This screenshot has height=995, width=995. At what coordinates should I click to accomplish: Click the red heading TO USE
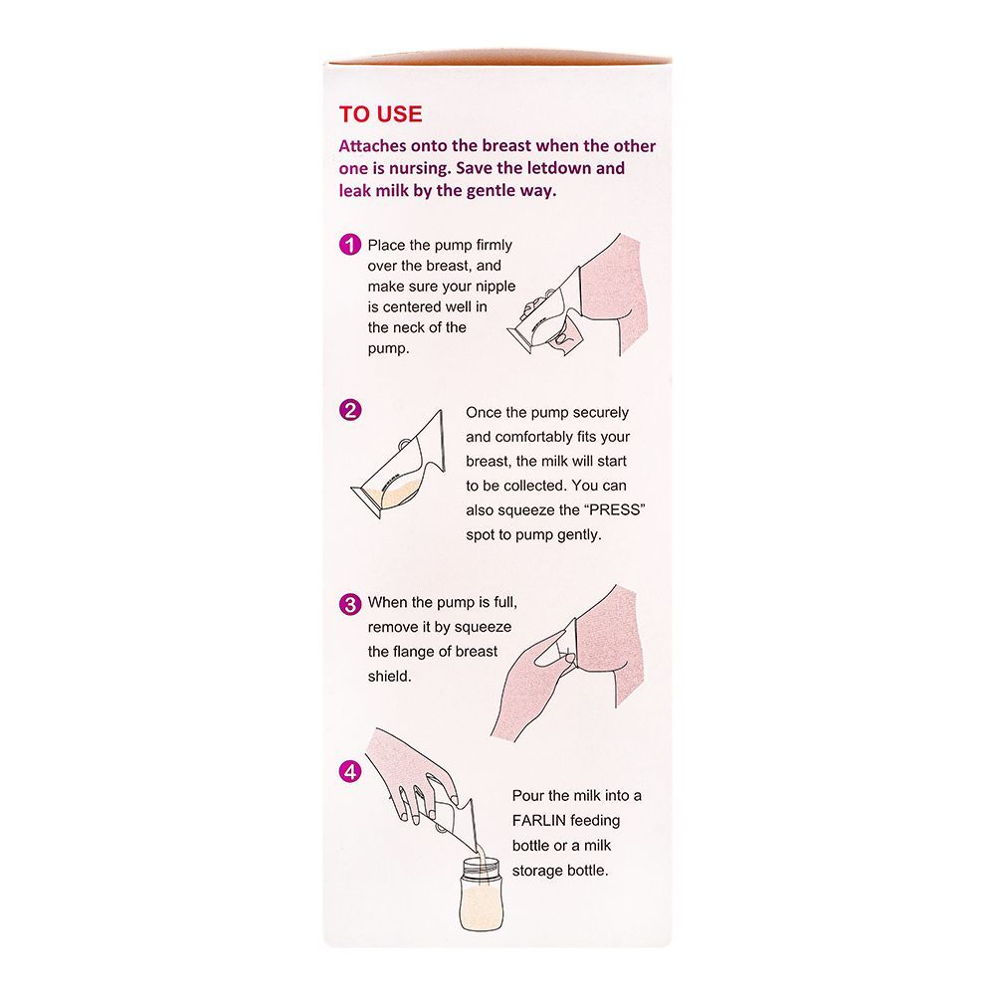tap(380, 114)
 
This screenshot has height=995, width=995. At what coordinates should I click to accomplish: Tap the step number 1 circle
tap(349, 245)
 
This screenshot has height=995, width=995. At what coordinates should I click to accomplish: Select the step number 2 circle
tap(349, 410)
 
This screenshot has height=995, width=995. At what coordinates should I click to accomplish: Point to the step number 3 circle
tap(349, 604)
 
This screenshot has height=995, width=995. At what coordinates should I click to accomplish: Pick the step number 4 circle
tap(349, 772)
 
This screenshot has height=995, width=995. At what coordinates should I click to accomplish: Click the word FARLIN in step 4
tap(538, 821)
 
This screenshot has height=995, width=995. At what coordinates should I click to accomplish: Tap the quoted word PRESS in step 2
tap(614, 510)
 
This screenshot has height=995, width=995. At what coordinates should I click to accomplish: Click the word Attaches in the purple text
tap(372, 146)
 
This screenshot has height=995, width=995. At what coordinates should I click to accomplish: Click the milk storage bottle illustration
tap(481, 895)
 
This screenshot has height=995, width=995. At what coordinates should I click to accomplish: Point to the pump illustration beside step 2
tap(399, 464)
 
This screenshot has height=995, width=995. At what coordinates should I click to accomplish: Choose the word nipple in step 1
tap(495, 287)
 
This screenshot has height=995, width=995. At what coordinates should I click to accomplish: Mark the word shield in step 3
tap(389, 677)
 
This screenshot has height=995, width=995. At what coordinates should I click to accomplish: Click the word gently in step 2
tap(579, 535)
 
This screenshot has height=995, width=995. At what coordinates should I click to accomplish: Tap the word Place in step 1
tap(385, 245)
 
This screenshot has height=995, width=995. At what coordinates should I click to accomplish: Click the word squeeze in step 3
tap(483, 628)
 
